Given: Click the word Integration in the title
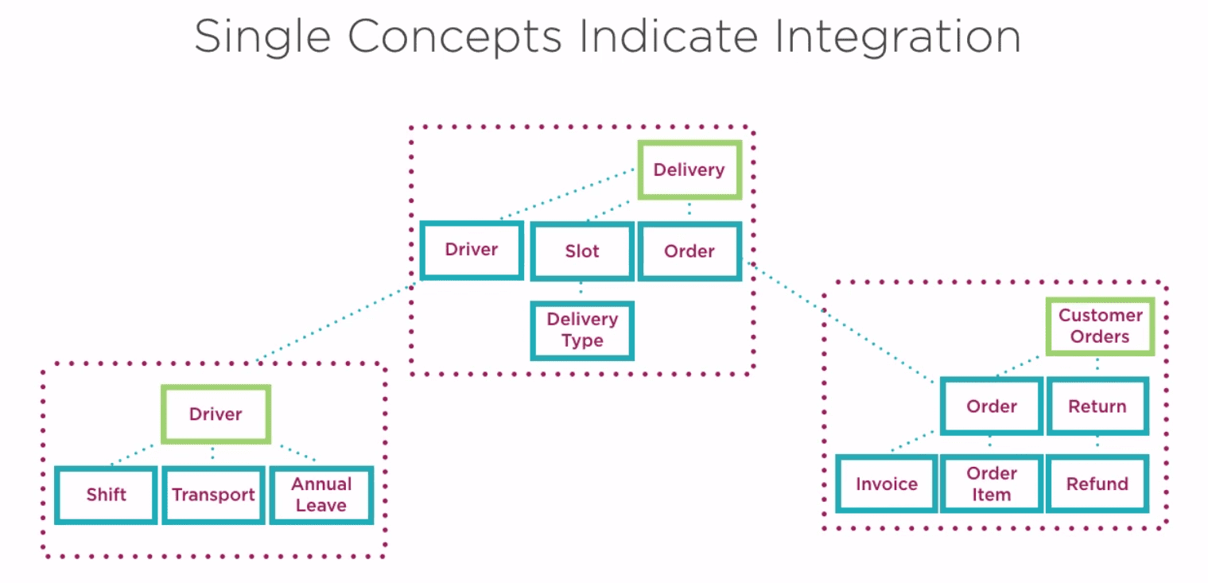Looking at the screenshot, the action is click(x=897, y=37).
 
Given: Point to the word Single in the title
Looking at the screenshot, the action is click(x=262, y=37).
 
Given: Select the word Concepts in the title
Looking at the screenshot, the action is click(x=455, y=37).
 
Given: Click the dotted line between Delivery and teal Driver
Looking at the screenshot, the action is click(x=567, y=193).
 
